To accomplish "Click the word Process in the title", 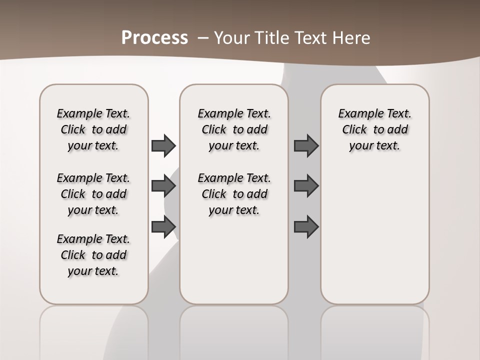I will coord(154,38).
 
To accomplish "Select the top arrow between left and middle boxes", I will coord(163,146).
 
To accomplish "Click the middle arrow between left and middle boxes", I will coord(163,186).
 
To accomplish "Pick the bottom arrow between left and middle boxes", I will coord(163,227).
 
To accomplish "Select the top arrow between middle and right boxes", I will coord(306,146).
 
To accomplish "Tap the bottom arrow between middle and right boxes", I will coord(306,227).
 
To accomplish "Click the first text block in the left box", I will coord(93,129).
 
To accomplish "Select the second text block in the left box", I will coord(93,194).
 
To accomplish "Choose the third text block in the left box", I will coord(93,255).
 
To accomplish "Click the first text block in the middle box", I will coord(234,129).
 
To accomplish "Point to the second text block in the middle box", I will coord(234,194).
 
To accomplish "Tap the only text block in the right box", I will coord(375,129).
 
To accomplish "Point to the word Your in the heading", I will coord(232,38).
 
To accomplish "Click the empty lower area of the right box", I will coord(375,235).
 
